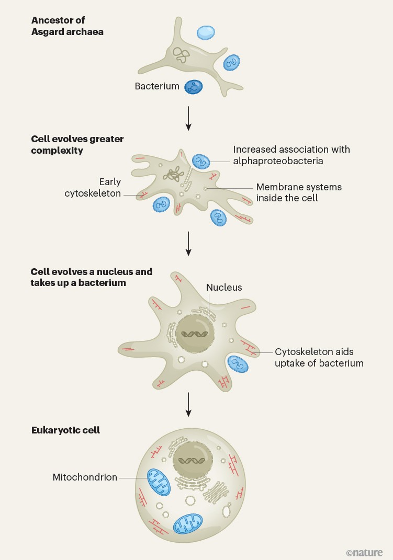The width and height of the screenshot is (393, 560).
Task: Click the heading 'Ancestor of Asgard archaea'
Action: coord(67,26)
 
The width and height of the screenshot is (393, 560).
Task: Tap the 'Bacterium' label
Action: coord(157,86)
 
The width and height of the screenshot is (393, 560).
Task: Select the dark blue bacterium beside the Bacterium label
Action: coord(193,87)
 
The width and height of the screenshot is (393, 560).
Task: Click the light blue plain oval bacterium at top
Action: coord(206,32)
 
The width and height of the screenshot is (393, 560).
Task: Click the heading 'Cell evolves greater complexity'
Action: coord(77,144)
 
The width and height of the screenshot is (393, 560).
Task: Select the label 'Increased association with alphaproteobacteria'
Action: coord(291,155)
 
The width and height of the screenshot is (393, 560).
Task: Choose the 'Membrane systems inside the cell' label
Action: coord(298,192)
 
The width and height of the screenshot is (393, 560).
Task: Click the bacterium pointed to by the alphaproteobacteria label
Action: coord(199,162)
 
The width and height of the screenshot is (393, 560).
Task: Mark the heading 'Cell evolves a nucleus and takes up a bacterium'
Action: coord(91,277)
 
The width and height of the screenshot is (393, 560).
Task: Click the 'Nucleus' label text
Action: coord(224,287)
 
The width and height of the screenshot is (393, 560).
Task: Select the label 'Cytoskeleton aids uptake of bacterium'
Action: coord(319,357)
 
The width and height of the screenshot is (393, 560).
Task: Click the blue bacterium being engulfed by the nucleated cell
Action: coord(238,364)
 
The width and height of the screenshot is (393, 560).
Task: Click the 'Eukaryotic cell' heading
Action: coord(65,430)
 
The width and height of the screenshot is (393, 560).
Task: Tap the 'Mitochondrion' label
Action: coord(85,477)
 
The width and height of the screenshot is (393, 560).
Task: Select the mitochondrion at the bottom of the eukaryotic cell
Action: coord(188,524)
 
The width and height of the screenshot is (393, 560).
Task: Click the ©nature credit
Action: coord(364,552)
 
